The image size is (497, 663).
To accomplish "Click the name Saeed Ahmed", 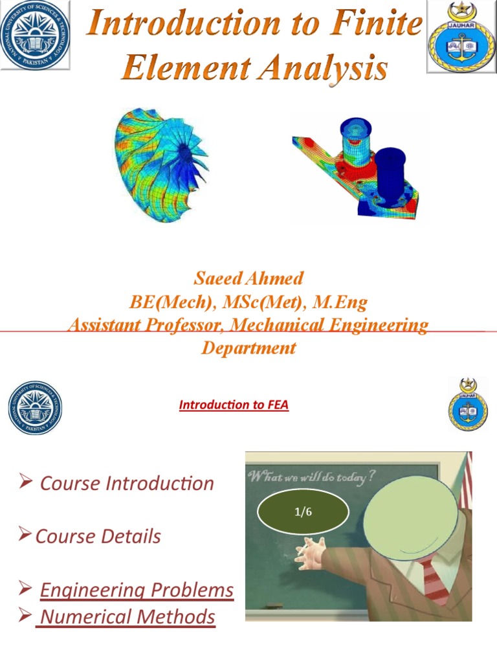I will coord(248,278).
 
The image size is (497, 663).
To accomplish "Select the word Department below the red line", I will coord(248,348).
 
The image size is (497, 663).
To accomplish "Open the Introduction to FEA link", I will coord(234,405).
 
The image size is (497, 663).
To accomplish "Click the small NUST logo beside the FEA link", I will coord(36,408).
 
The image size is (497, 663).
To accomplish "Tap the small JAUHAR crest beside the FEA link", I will coord(468,405).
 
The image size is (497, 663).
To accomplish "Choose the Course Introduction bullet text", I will coord(127,483).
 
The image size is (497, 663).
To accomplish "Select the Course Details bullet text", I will coord(98,536).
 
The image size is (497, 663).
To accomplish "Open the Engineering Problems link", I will coord(137,590).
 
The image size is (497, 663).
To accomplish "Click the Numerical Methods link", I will coord(127,616).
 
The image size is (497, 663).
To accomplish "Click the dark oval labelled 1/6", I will coord(303,512).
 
